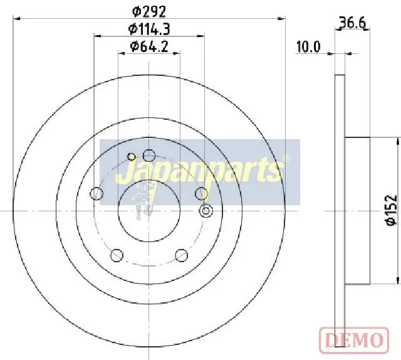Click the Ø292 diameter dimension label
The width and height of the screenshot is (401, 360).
pos(149,11)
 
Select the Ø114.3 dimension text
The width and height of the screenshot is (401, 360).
pos(149,29)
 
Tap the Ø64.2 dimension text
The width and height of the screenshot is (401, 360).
pos(149,46)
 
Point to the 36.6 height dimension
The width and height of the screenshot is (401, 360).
pos(352,23)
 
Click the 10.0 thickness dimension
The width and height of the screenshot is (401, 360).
pos(308,47)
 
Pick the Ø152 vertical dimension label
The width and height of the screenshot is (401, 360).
pos(392,211)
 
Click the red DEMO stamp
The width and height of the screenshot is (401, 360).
pos(354,340)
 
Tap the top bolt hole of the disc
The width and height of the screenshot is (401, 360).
pos(149,155)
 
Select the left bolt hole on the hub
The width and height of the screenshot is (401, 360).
pos(96,193)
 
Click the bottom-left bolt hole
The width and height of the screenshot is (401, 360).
pos(117,255)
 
